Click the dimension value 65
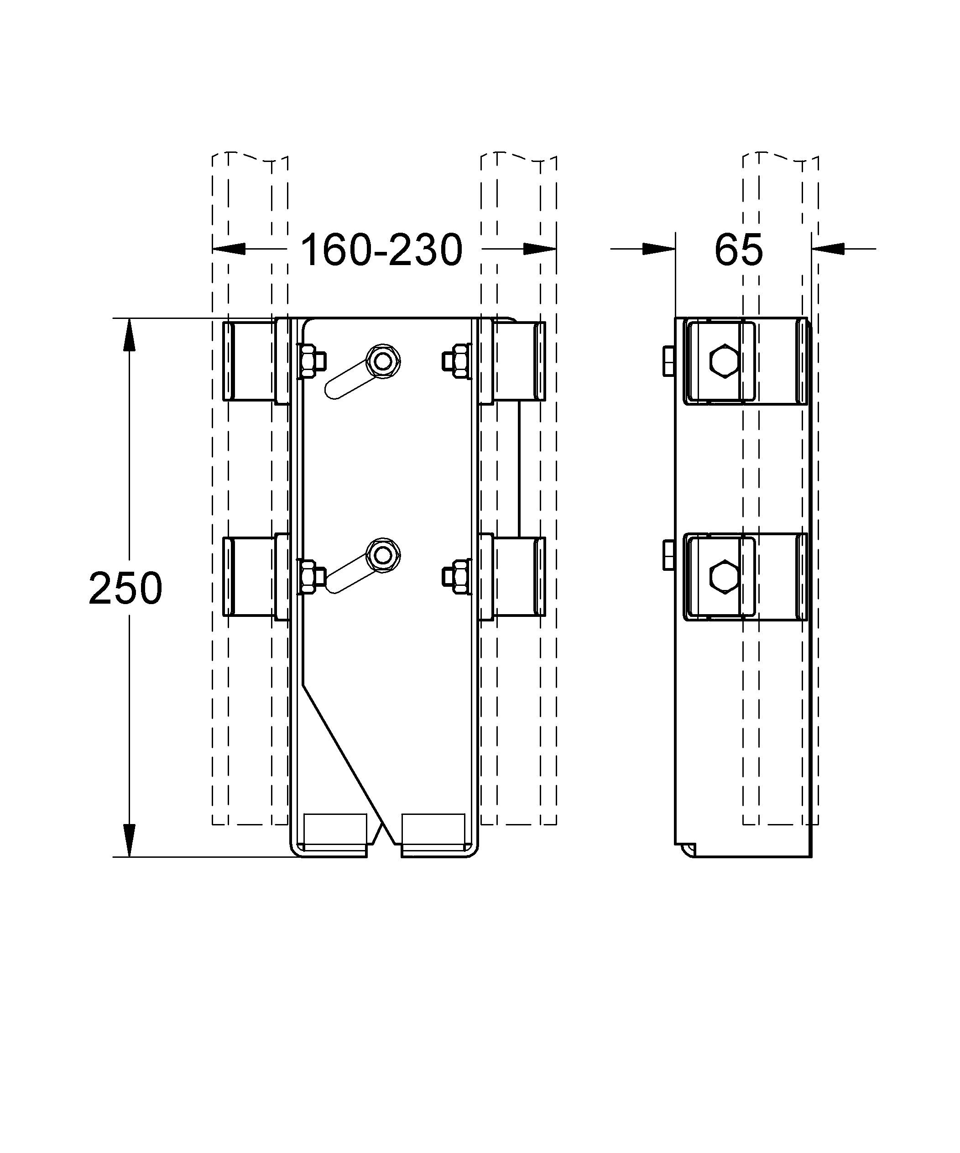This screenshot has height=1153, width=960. (x=738, y=250)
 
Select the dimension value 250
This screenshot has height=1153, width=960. (x=125, y=588)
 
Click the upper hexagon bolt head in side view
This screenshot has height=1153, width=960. (x=724, y=361)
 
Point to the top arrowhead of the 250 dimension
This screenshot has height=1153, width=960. (x=129, y=334)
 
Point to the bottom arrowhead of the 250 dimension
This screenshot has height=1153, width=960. (x=129, y=840)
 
